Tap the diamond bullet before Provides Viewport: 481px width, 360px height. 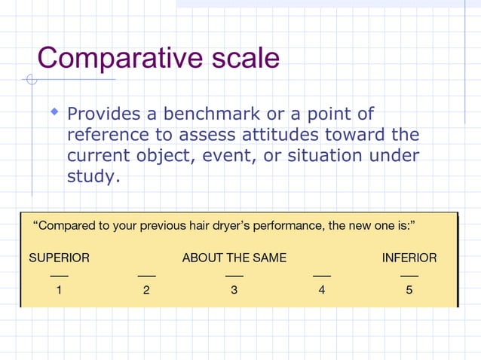(x=54, y=112)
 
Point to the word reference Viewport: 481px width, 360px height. (x=112, y=136)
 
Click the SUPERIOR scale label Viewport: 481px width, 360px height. (x=59, y=258)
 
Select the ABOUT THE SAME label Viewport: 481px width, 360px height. (x=234, y=258)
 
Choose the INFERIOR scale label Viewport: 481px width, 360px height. (x=409, y=258)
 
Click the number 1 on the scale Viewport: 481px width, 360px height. (x=59, y=292)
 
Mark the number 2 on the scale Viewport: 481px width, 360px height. (x=146, y=292)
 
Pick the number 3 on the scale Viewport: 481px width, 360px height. (x=234, y=292)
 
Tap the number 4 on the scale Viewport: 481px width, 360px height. (x=322, y=292)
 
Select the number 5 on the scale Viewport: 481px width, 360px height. (x=409, y=292)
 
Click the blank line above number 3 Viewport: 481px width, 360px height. (x=234, y=276)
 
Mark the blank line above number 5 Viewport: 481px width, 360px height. (x=409, y=276)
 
